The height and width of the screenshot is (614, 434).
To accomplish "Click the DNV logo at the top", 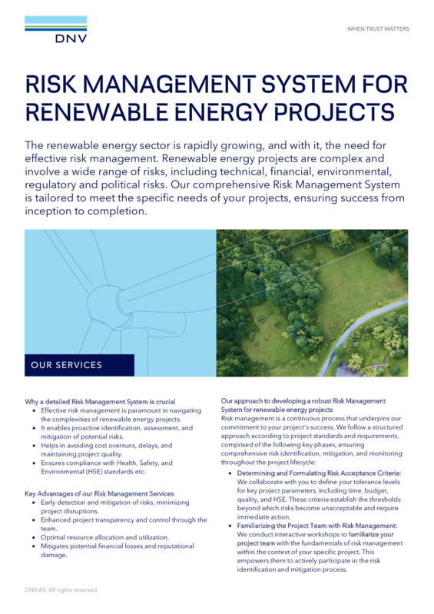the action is [55, 32].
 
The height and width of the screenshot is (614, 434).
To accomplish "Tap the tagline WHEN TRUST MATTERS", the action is [378, 29].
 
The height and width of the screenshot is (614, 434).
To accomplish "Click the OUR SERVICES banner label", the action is [66, 365].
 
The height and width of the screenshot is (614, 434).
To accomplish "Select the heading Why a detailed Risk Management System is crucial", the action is [101, 401].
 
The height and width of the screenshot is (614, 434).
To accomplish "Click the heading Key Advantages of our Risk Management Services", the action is [99, 493].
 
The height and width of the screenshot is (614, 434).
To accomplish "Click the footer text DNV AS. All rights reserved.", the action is [61, 590].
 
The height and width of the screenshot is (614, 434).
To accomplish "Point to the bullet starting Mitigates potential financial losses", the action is [116, 546].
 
